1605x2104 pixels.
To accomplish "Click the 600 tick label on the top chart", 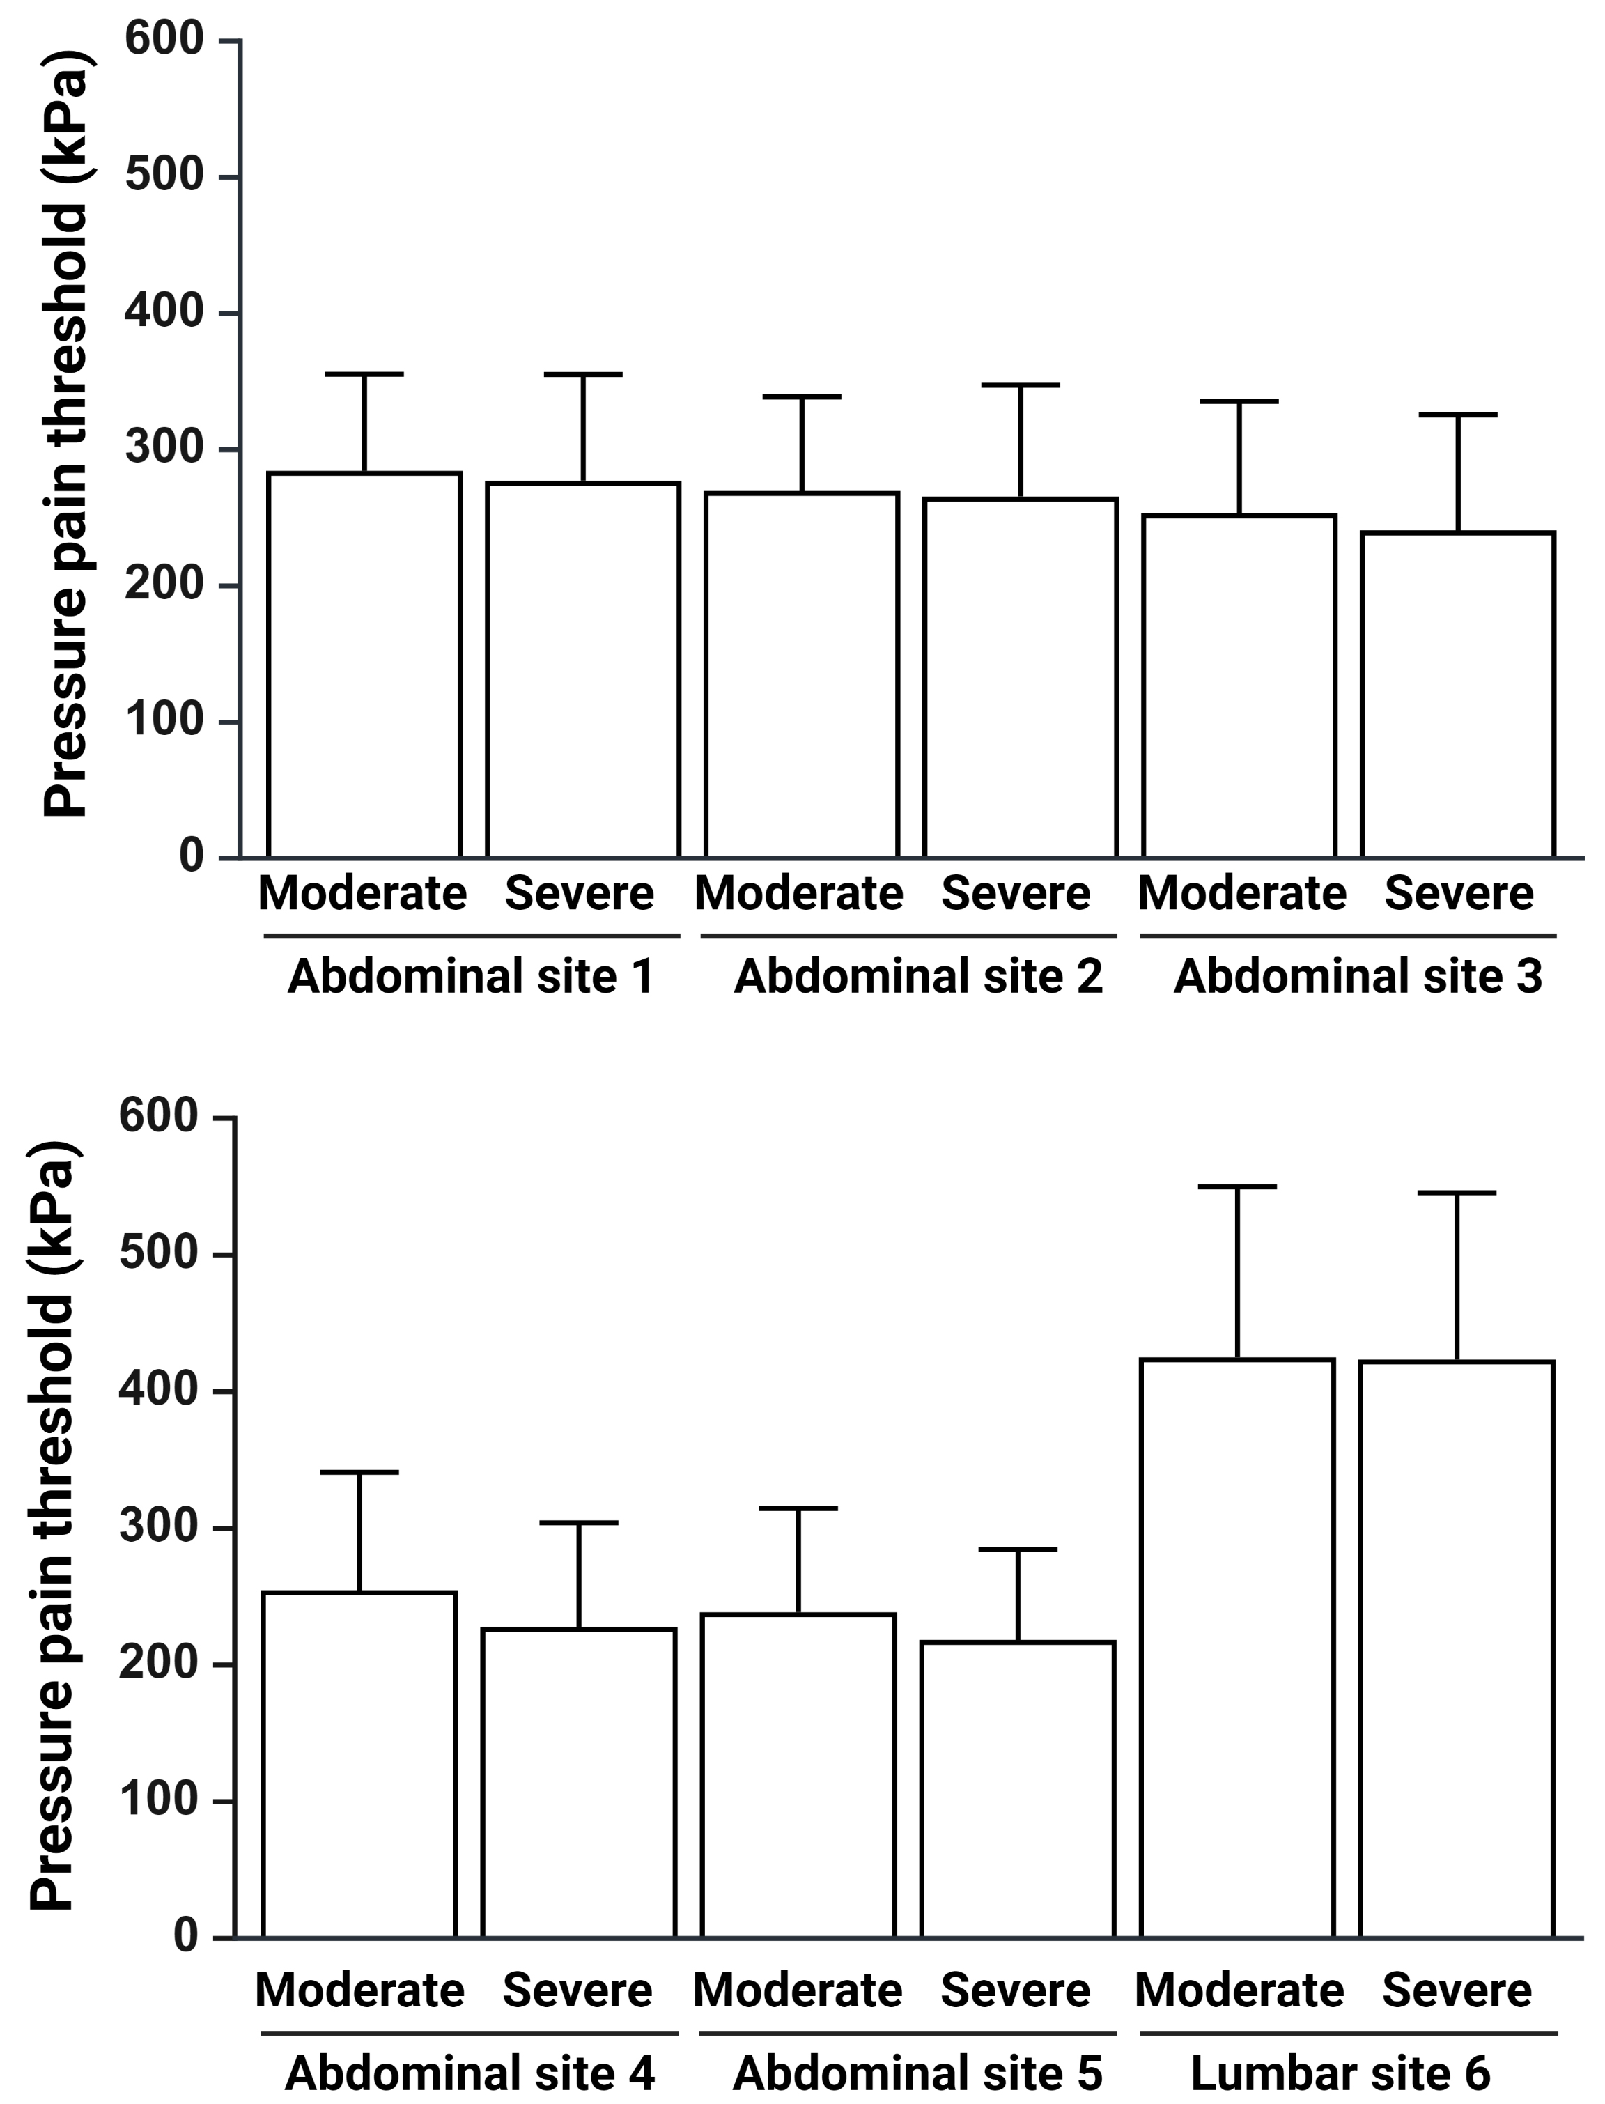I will point(164,40).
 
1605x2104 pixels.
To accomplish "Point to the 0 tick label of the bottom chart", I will point(185,1935).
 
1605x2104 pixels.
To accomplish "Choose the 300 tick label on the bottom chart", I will point(157,1527).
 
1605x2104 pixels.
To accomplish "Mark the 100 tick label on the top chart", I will point(164,720).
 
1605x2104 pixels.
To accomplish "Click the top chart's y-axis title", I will point(67,435).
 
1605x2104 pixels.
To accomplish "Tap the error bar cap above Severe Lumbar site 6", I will point(1457,1193).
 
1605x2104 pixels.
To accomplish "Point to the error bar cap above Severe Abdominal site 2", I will point(1021,385).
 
